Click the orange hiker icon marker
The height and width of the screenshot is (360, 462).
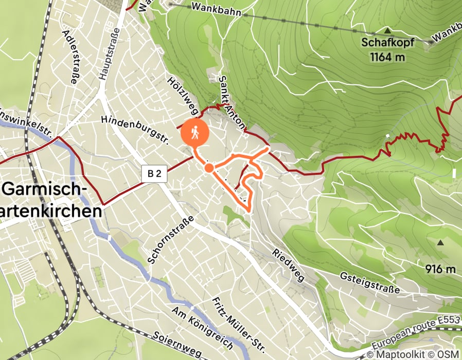pyautogui.click(x=195, y=133)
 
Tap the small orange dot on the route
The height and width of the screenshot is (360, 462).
pyautogui.click(x=209, y=168)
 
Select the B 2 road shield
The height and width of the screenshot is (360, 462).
pyautogui.click(x=154, y=174)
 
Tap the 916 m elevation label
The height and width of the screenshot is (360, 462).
pyautogui.click(x=441, y=269)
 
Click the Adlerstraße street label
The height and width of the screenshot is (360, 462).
pyautogui.click(x=70, y=56)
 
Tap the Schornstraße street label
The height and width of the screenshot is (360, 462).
pyautogui.click(x=170, y=239)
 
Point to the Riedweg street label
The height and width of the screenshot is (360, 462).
pyautogui.click(x=289, y=265)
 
